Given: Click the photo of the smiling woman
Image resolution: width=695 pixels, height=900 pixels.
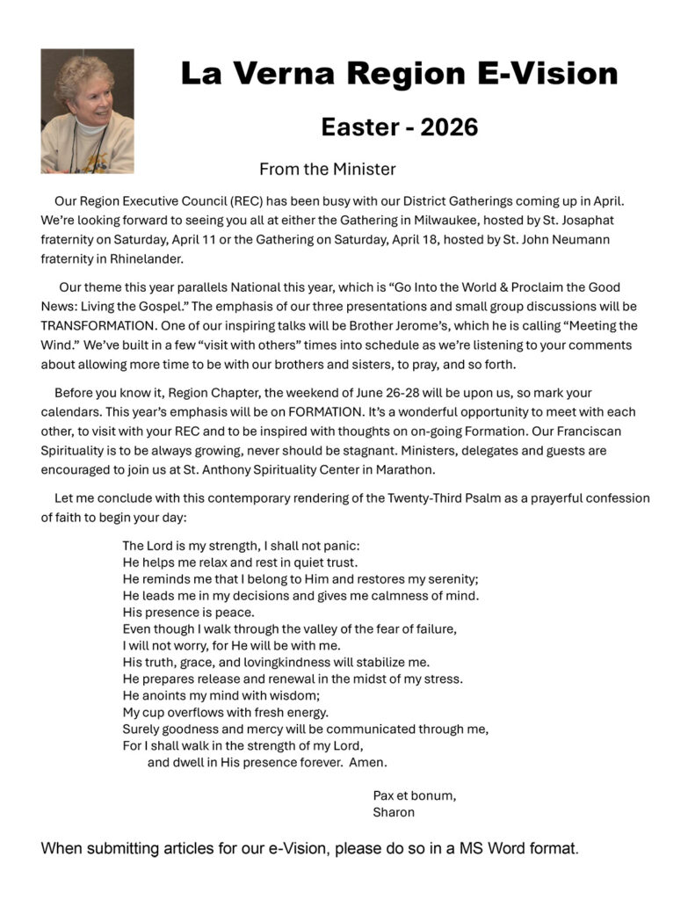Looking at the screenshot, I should click(87, 111).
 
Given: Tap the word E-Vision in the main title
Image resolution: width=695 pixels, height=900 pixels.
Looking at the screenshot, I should click(544, 73).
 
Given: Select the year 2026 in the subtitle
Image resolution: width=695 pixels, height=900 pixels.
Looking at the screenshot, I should click(449, 127).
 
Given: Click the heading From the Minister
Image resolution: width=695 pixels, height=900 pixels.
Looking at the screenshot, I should click(327, 169).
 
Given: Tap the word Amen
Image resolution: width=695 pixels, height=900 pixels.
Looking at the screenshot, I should click(367, 762).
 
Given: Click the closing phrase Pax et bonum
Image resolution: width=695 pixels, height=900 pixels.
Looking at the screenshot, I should click(414, 795).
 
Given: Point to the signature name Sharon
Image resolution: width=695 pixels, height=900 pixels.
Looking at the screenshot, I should click(393, 813).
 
